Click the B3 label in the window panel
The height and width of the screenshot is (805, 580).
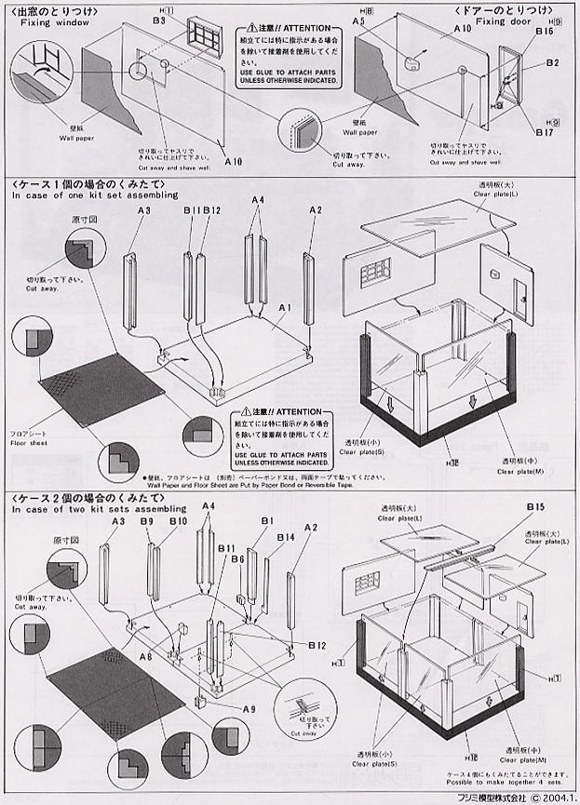click(x=158, y=20)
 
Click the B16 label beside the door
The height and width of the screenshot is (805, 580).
click(x=544, y=31)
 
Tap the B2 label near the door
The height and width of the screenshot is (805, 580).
click(x=552, y=63)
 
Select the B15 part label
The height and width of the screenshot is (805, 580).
click(x=534, y=506)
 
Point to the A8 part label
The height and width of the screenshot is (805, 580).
click(x=145, y=657)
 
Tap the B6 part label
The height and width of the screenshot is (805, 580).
click(x=237, y=558)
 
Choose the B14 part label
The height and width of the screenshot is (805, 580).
click(x=285, y=537)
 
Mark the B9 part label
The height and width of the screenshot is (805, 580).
click(x=147, y=523)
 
